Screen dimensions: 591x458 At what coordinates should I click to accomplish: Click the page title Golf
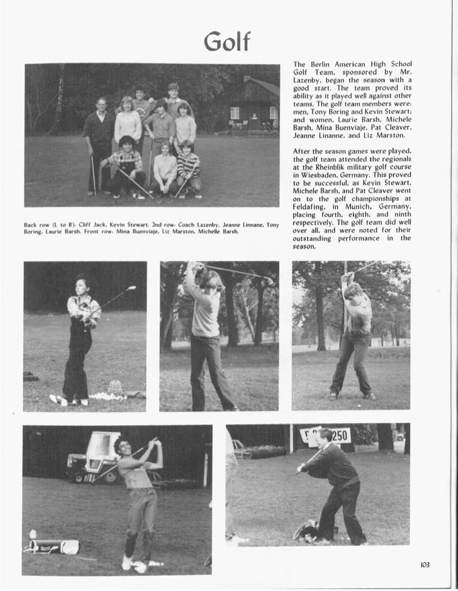[x=227, y=41]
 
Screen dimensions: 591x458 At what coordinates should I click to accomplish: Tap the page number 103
[x=425, y=565]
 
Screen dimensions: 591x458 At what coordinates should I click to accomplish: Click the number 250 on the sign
[x=341, y=435]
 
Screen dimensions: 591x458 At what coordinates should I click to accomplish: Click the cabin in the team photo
[x=254, y=106]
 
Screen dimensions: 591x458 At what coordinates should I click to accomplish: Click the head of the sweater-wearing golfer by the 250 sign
[x=325, y=435]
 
